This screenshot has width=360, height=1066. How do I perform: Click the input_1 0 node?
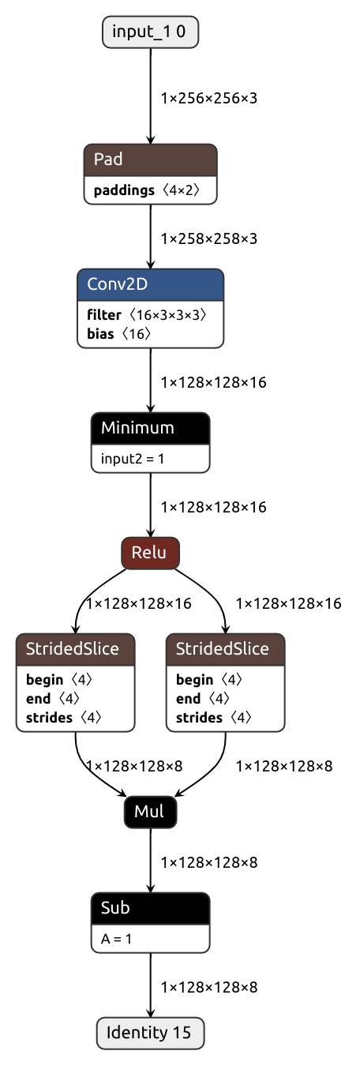[150, 32]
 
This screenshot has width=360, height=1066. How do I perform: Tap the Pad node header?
[150, 160]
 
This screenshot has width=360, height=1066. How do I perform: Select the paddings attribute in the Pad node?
[147, 190]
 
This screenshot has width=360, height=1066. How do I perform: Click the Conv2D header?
[150, 284]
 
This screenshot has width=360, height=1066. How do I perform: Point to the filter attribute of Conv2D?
[147, 315]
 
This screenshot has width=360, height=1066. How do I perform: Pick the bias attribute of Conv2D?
[119, 334]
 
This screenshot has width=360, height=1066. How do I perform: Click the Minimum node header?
[150, 428]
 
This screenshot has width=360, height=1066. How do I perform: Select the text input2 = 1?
[132, 459]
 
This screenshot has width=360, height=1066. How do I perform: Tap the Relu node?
[150, 553]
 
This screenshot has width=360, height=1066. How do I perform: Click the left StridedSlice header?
[76, 649]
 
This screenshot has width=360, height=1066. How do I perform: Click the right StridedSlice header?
[226, 649]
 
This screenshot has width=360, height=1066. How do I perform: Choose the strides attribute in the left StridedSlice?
[64, 718]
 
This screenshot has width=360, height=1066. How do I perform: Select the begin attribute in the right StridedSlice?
[209, 680]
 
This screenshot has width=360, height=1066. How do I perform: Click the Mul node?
[150, 812]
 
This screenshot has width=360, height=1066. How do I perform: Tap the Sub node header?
[150, 909]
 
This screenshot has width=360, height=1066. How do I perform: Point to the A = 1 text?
[116, 939]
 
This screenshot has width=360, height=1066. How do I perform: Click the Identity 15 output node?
[150, 1033]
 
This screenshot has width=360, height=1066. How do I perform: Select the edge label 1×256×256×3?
[208, 99]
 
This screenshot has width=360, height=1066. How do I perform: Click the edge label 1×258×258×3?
[208, 239]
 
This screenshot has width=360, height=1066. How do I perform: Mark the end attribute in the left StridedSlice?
[53, 699]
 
